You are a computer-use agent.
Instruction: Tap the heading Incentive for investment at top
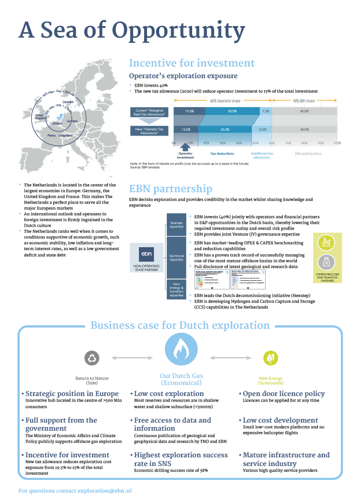click(x=192, y=64)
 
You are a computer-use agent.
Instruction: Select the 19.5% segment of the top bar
click(x=189, y=111)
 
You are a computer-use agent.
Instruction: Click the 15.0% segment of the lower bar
click(x=186, y=130)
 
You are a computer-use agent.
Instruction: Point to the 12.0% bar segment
click(x=262, y=130)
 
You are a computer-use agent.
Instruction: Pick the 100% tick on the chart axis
click(x=337, y=142)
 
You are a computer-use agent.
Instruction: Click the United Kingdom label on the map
click(x=39, y=116)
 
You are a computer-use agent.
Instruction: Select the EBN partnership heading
click(x=171, y=189)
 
